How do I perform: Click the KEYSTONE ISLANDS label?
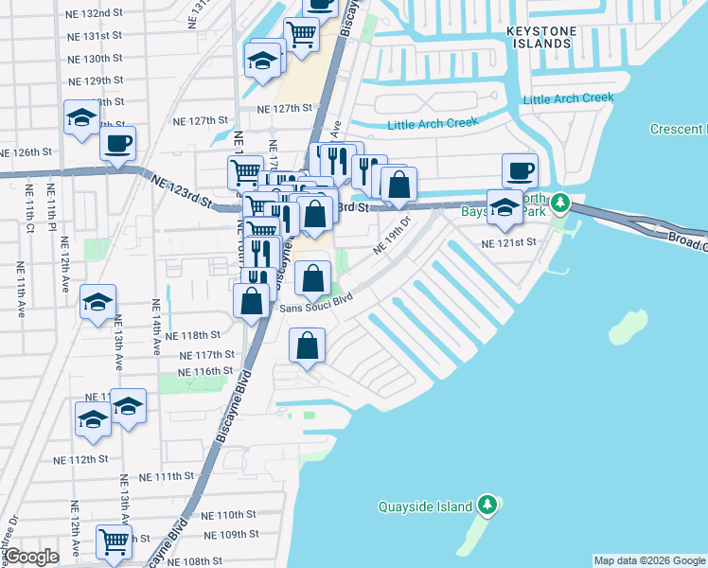[x=540, y=38]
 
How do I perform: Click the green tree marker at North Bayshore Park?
[x=560, y=202]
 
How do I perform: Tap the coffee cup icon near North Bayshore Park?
[x=520, y=170]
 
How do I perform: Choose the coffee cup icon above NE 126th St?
[x=117, y=144]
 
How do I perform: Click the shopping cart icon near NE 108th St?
[x=114, y=541]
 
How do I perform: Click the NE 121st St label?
[x=508, y=243]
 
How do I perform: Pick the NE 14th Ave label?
[x=157, y=328]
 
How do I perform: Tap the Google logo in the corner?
[x=32, y=556]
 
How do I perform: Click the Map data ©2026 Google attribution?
[x=648, y=560]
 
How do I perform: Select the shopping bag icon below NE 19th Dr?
[x=312, y=278]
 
